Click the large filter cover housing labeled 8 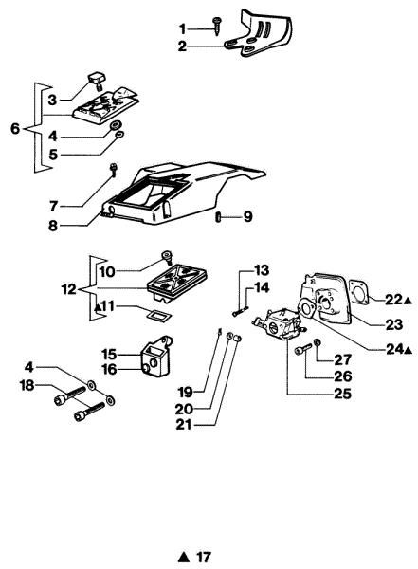coord(180,199)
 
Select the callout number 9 coord(246,216)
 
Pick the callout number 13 coord(261,269)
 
